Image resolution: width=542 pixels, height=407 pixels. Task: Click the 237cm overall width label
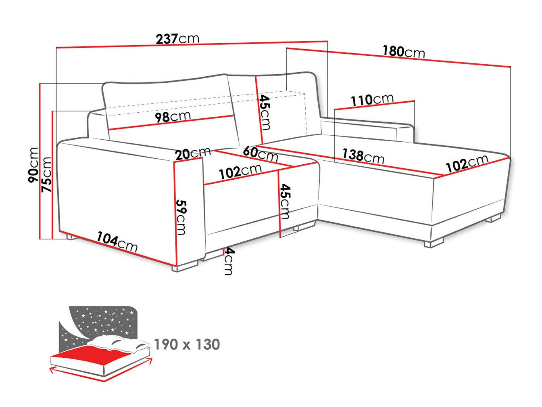tap(177, 39)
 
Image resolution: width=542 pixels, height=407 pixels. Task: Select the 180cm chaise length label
tap(404, 52)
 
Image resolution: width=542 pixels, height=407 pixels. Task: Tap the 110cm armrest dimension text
tap(372, 100)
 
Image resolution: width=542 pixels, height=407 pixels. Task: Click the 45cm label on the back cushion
tap(265, 112)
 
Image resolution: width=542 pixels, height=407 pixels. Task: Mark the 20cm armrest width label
tap(193, 153)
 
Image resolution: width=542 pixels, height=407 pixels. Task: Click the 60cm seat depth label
tap(261, 153)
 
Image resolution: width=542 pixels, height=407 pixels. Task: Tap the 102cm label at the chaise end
tap(467, 163)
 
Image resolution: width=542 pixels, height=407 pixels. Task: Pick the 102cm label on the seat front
tap(240, 171)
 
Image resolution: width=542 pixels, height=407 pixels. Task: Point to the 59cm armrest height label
tap(181, 217)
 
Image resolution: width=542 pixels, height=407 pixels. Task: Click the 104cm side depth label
tap(117, 242)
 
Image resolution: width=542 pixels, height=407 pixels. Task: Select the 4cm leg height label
tap(228, 261)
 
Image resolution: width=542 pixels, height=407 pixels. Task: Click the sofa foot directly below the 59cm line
tap(186, 266)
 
